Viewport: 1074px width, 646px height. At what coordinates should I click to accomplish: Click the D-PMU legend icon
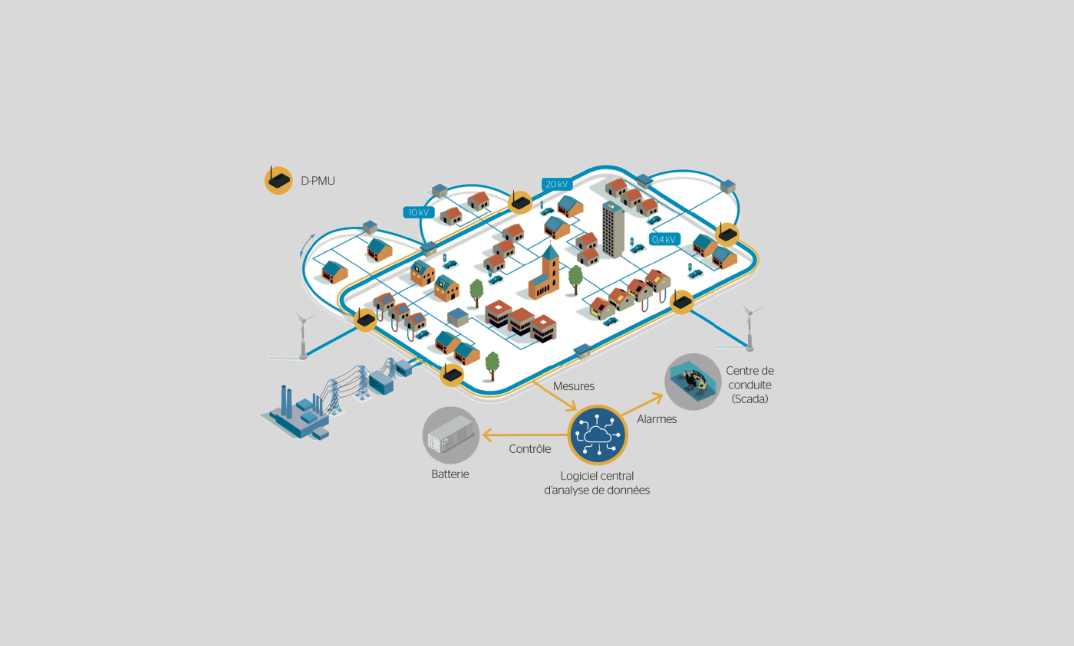coord(278,181)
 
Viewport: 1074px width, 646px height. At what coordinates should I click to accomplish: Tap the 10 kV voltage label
coord(419,212)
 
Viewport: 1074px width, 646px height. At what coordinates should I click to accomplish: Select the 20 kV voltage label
coord(557,184)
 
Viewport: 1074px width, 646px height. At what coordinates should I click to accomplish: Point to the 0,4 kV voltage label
coord(664,239)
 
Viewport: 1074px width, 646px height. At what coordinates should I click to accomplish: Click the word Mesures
coord(574,386)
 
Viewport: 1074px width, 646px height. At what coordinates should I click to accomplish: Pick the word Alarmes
coord(657,419)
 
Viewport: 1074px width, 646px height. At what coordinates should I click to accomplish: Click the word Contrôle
coord(530,449)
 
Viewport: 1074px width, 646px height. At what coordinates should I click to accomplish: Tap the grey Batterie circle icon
coord(451,435)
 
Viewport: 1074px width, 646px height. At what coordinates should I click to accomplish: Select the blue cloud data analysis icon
coord(598,434)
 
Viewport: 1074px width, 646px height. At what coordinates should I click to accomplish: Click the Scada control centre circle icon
coord(693,382)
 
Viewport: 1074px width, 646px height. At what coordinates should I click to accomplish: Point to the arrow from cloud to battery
coord(525,434)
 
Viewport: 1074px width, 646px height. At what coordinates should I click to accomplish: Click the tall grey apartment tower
coord(613,231)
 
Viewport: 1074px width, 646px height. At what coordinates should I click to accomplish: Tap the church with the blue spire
coord(545,273)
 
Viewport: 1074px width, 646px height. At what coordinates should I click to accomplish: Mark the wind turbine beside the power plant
coord(303,334)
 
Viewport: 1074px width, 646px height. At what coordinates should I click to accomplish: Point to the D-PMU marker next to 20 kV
coord(520,202)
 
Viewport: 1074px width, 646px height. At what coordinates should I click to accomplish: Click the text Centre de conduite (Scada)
coord(750,385)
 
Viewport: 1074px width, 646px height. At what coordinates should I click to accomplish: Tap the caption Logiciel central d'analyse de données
coord(597,483)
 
